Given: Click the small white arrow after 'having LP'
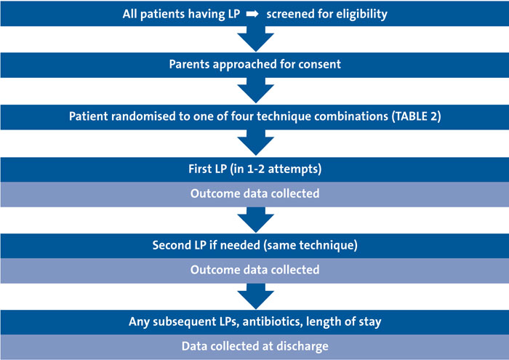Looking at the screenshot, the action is [x=252, y=14].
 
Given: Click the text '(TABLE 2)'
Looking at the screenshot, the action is [x=416, y=116].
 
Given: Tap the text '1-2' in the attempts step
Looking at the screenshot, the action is [x=256, y=169].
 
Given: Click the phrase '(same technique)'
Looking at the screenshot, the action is [x=310, y=245].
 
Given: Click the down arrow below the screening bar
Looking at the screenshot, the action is [x=256, y=39].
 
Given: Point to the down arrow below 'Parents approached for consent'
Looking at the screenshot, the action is [x=256, y=90].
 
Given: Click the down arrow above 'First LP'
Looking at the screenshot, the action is [x=256, y=143].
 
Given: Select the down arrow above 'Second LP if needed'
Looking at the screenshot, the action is [x=256, y=220].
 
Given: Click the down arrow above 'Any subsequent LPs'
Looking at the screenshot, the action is [x=256, y=297].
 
